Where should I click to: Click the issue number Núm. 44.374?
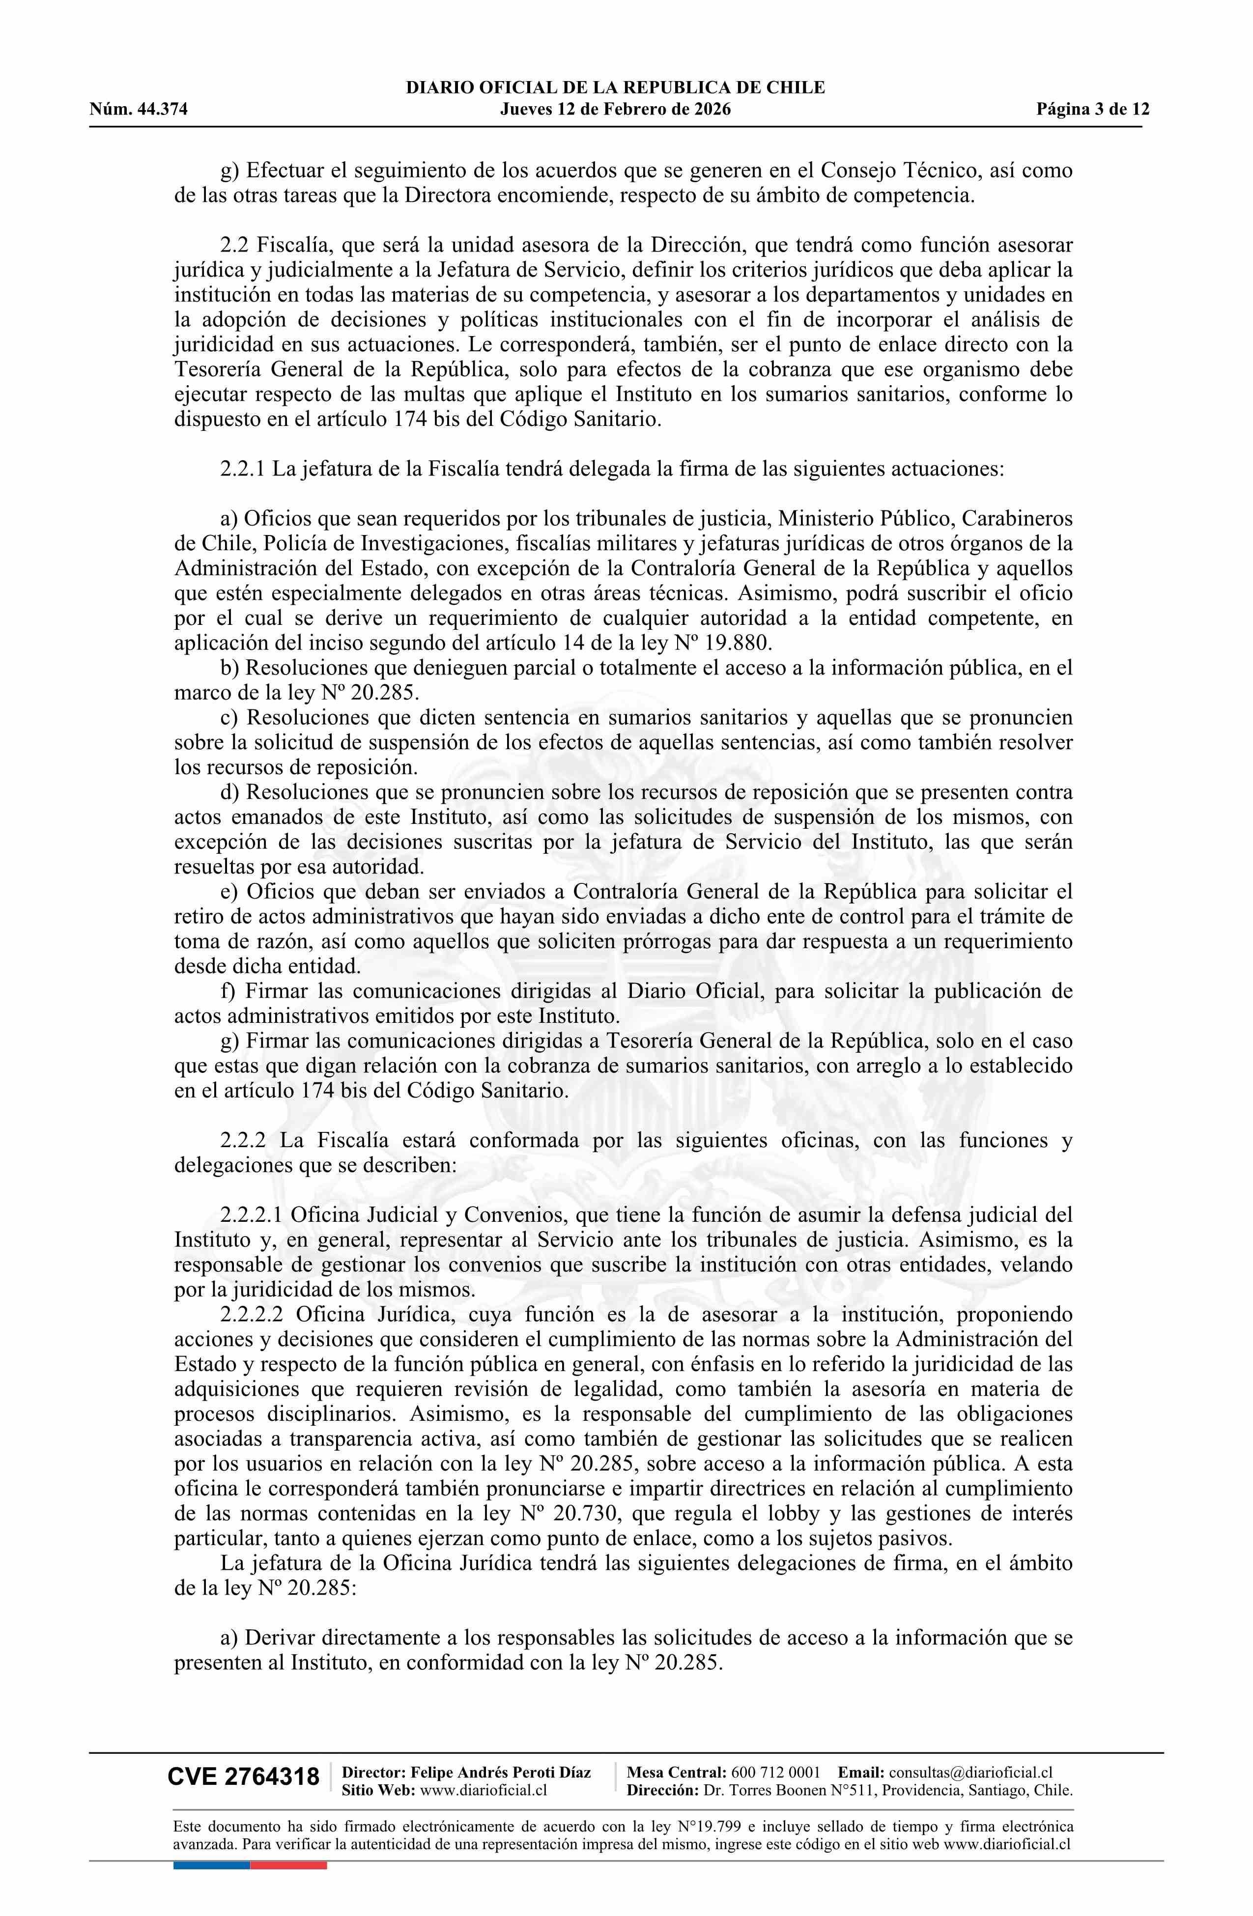(139, 110)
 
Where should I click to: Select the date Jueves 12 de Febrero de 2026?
(615, 110)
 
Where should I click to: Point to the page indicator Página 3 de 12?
(1093, 110)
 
